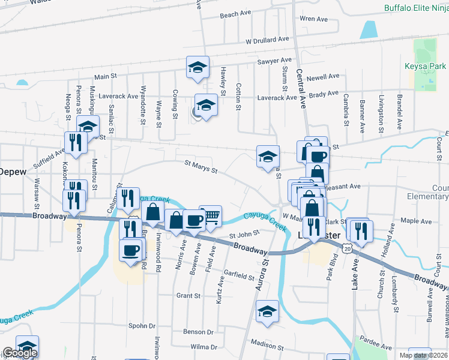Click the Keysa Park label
click(427, 67)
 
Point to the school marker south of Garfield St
click(267, 311)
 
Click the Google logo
click(20, 353)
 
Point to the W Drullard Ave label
click(267, 40)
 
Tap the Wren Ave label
click(313, 19)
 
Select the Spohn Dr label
click(142, 326)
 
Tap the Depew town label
click(12, 172)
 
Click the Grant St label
click(188, 296)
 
